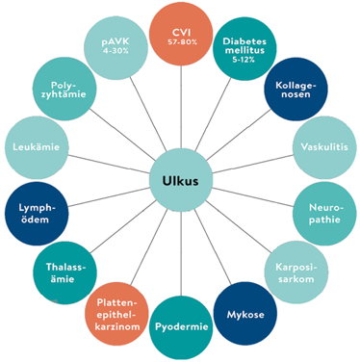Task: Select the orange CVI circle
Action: (x=180, y=34)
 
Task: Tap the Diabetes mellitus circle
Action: (x=244, y=47)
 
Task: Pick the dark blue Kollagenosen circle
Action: (x=295, y=90)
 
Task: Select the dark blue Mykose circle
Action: (x=242, y=312)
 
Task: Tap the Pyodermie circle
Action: (x=180, y=325)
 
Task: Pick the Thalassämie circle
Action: (x=65, y=269)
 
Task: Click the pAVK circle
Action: (x=117, y=47)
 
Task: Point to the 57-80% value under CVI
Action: (x=180, y=42)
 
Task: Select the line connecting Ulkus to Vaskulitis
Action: (x=250, y=165)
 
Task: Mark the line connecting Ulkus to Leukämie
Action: (x=108, y=165)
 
